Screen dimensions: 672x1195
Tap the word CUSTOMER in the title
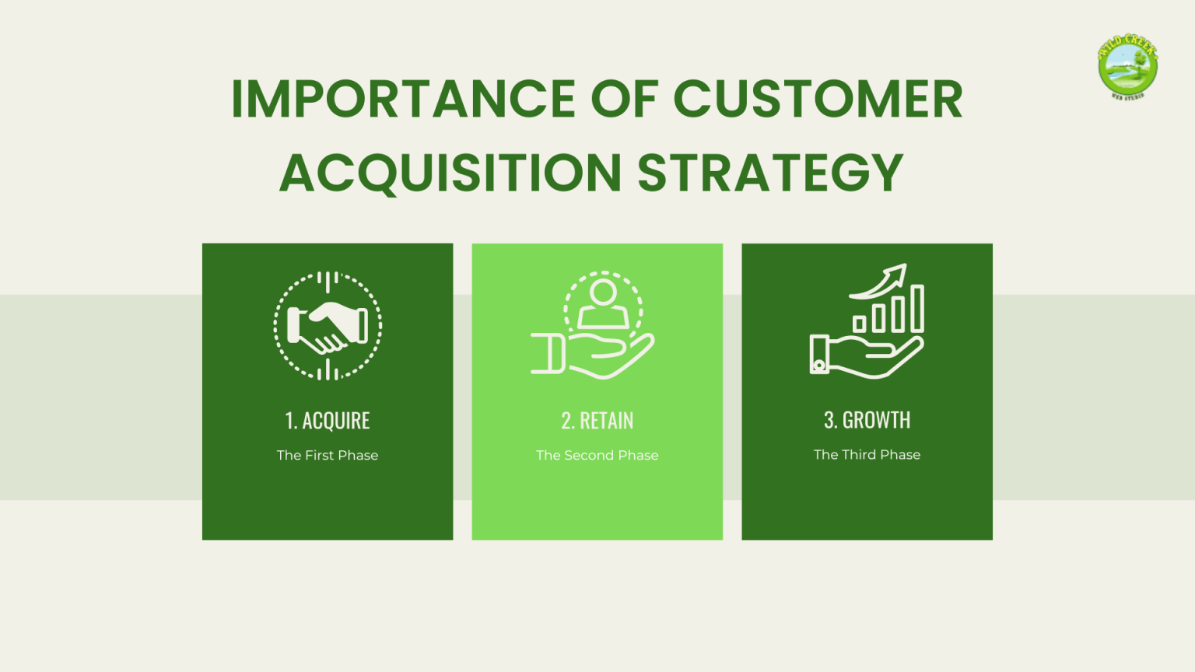[818, 99]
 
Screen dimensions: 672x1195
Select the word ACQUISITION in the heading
[450, 172]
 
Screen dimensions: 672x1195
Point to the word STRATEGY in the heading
[770, 172]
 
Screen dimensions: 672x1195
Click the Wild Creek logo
[1127, 67]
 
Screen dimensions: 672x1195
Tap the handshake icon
[328, 326]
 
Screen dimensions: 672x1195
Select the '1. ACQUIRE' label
[328, 421]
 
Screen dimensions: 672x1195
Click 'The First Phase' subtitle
[328, 455]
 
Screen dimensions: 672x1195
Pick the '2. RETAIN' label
[597, 421]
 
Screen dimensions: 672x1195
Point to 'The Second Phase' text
[597, 455]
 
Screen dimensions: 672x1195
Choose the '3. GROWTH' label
[867, 420]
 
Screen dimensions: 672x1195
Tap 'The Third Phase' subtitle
[867, 454]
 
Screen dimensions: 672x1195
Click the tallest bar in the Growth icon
[917, 309]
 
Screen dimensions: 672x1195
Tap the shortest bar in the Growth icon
[859, 324]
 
